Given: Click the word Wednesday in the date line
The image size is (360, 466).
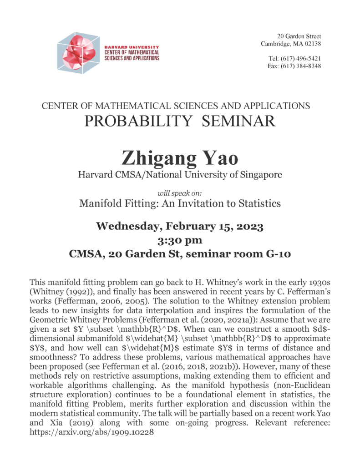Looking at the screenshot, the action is pyautogui.click(x=131, y=226).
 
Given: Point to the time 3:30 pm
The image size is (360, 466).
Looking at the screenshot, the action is pyautogui.click(x=180, y=240).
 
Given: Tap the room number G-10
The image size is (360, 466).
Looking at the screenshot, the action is pyautogui.click(x=278, y=254).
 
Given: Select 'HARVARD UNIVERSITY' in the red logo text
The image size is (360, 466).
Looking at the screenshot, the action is pyautogui.click(x=132, y=47).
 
